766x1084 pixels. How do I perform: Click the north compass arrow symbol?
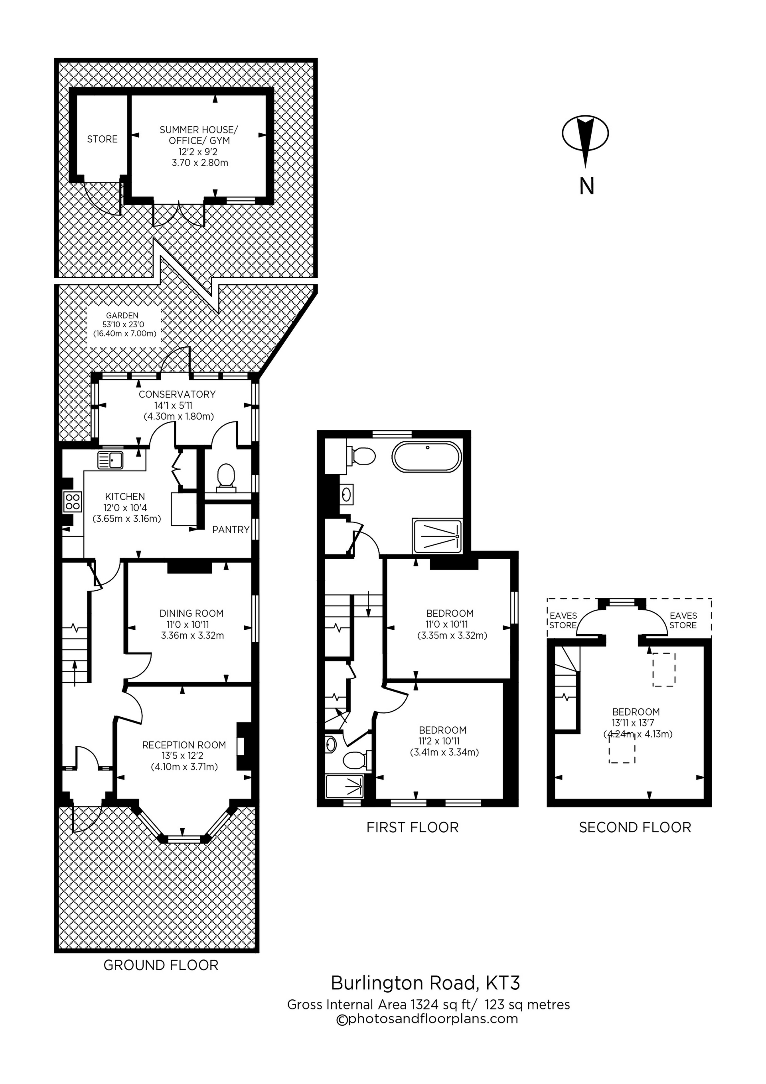coord(585,140)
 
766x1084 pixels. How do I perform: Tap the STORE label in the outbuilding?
coord(103,139)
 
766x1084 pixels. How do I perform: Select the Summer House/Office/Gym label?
coord(199,146)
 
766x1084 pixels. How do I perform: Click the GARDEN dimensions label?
coord(124,324)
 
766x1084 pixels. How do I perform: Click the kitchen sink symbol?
coord(111,459)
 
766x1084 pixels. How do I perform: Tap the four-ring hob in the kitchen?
coord(73,501)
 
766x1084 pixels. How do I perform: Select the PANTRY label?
coord(230,530)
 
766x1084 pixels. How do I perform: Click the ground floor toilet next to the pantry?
coord(225,475)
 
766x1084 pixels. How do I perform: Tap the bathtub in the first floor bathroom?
coord(426,457)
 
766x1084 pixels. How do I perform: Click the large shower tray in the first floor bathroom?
coord(437,536)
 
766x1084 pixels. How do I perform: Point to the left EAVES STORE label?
coord(563,620)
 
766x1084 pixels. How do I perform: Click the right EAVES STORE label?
coord(683,620)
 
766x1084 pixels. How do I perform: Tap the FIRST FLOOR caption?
coord(412,827)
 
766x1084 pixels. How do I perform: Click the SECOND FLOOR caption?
coord(634,827)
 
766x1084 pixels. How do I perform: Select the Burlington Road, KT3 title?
coord(425,983)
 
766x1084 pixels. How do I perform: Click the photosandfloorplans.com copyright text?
coord(426,1019)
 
